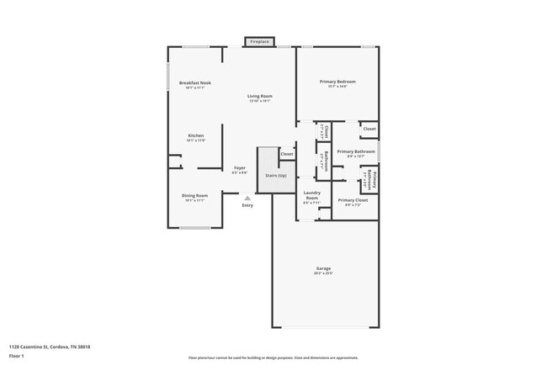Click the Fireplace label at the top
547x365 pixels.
[258, 41]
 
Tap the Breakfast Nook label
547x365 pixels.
[195, 82]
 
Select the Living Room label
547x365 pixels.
[258, 96]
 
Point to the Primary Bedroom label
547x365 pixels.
[337, 82]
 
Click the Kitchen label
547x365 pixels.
[195, 135]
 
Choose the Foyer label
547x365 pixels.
[239, 168]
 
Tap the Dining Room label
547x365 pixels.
[194, 196]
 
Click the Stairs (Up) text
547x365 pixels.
[276, 175]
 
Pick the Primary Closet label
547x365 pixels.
[353, 200]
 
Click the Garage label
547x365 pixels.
[324, 269]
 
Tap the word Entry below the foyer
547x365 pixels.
[247, 205]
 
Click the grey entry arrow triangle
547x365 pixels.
[247, 198]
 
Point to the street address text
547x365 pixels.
[50, 346]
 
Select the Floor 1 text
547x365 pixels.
[19, 355]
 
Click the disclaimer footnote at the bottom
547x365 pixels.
[273, 357]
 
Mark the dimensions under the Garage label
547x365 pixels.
[324, 274]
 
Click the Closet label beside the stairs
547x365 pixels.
[287, 155]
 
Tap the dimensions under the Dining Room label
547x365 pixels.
[194, 201]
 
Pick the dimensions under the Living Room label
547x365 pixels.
[258, 101]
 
